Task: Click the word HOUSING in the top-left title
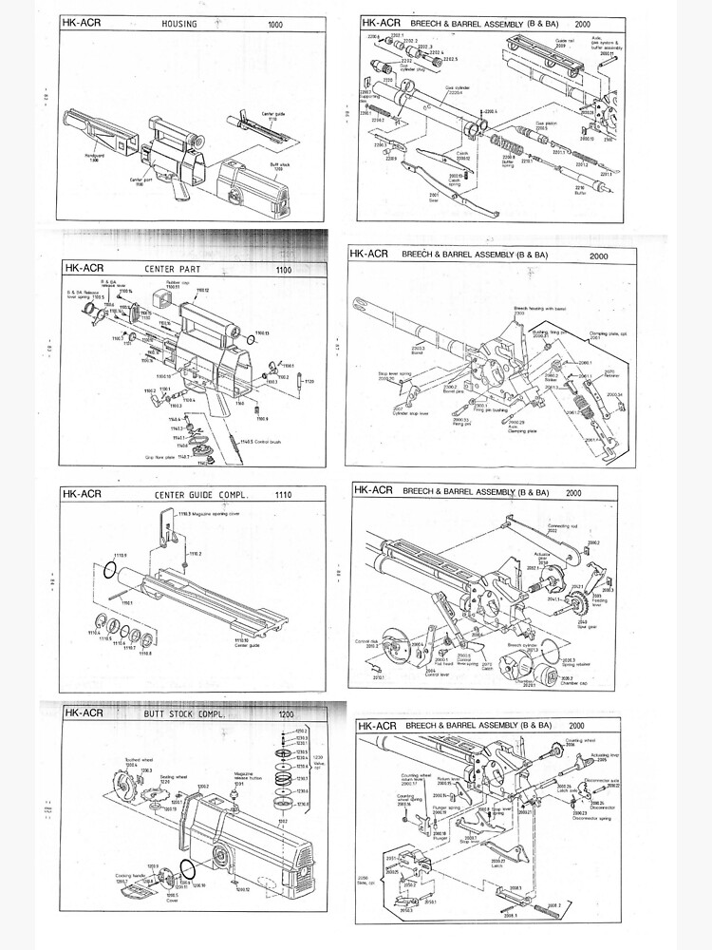point(179,24)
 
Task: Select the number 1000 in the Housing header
point(275,24)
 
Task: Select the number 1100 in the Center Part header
point(283,269)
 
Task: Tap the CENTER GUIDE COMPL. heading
point(195,494)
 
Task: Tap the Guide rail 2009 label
point(566,43)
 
